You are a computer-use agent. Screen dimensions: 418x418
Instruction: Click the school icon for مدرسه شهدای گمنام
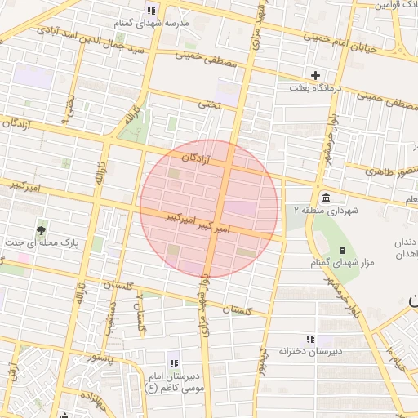[151, 11]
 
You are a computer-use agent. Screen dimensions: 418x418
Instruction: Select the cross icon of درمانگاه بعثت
[315, 75]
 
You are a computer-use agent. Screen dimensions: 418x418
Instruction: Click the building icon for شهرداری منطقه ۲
[326, 198]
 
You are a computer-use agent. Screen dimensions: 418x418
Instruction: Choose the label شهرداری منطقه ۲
[321, 211]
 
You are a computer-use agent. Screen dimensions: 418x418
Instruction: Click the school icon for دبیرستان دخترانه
[309, 339]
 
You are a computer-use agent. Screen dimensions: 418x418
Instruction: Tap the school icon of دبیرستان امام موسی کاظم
[172, 362]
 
